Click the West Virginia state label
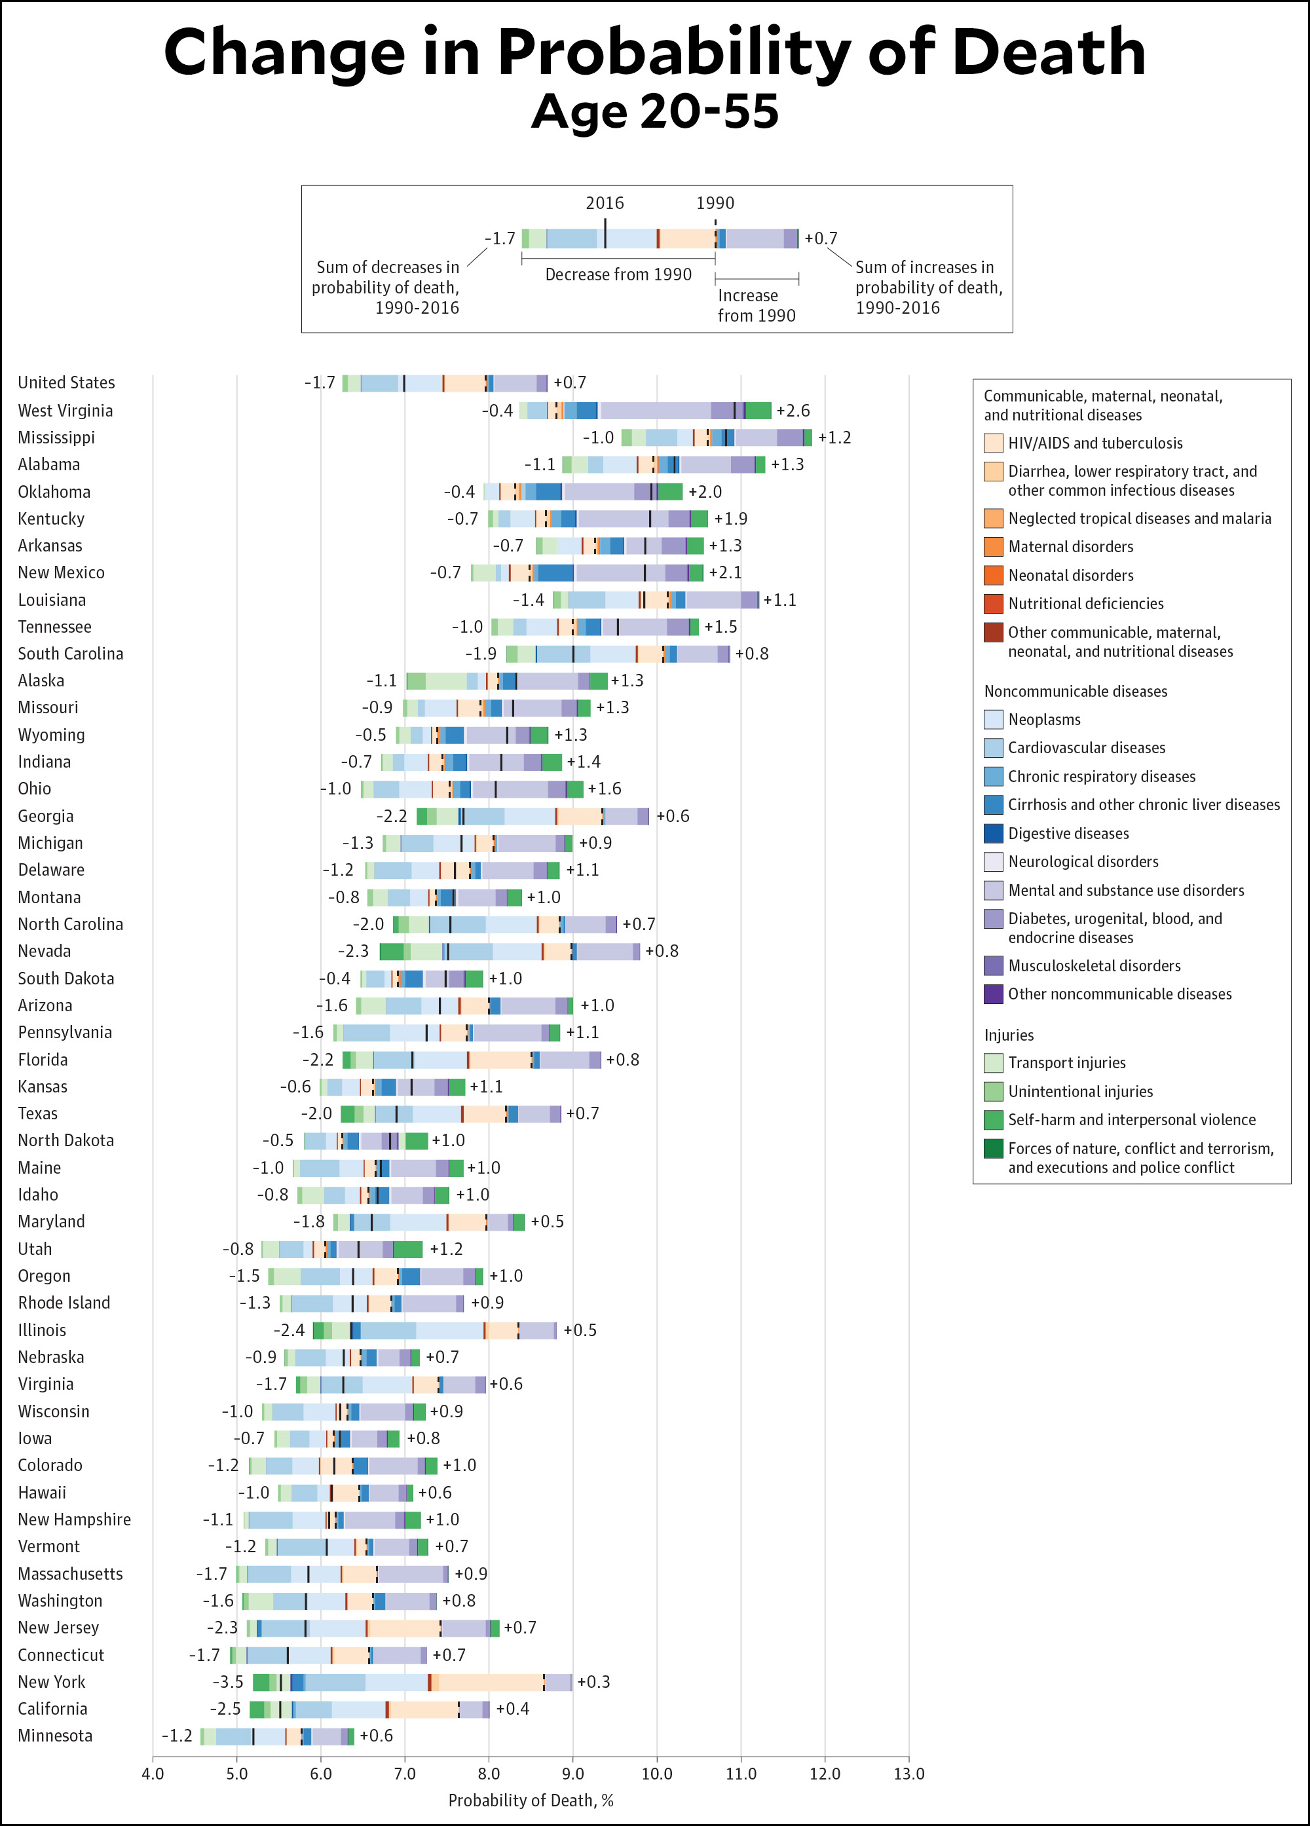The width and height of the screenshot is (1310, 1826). click(65, 411)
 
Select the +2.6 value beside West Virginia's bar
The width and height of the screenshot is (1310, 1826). click(793, 411)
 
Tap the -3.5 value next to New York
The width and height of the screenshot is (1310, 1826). click(228, 1682)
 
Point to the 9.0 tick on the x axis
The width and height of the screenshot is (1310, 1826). click(572, 1774)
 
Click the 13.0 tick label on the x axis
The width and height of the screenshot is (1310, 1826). click(908, 1774)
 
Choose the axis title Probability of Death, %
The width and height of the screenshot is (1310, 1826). click(531, 1800)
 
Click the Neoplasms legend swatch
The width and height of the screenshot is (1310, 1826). click(993, 719)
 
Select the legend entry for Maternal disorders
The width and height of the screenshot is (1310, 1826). click(1070, 547)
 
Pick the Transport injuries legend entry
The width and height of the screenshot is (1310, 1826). click(1066, 1063)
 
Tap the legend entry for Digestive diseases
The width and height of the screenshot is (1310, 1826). click(1068, 833)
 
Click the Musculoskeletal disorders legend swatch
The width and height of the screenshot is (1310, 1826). click(993, 965)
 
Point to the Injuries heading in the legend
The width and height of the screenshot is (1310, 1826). click(1008, 1035)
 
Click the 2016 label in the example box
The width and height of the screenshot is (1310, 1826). click(605, 203)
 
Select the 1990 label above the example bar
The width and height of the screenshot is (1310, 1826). click(715, 203)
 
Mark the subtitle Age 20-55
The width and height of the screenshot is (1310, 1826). click(654, 111)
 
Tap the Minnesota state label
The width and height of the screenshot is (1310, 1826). click(55, 1735)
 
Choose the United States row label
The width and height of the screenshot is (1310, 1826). click(66, 382)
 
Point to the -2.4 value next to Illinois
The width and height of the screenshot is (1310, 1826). click(289, 1330)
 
